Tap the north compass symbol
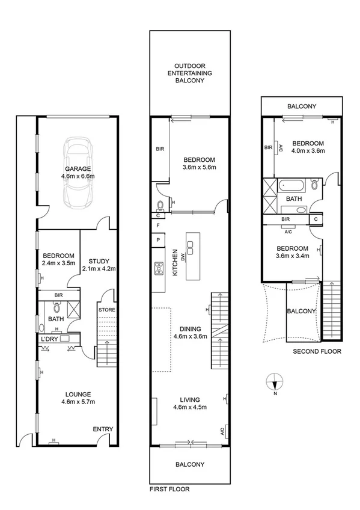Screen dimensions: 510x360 coord(273,382)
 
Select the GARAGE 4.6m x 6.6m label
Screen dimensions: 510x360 coord(78,173)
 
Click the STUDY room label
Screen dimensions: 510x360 coord(99,265)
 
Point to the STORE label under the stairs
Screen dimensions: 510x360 coord(107,310)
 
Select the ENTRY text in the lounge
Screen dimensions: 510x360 coord(103,429)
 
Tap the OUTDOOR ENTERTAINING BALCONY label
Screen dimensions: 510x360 coord(190,73)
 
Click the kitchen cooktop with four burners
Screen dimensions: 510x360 coord(160,268)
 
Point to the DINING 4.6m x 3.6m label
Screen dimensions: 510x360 coord(189,333)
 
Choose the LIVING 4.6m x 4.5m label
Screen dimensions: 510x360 coord(189,404)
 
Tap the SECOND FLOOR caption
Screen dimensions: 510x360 coord(317,351)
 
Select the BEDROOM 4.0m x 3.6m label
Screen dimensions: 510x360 coord(308,147)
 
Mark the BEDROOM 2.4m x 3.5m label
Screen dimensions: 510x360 coord(58,259)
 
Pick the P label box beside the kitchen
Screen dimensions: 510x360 coord(157,240)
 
